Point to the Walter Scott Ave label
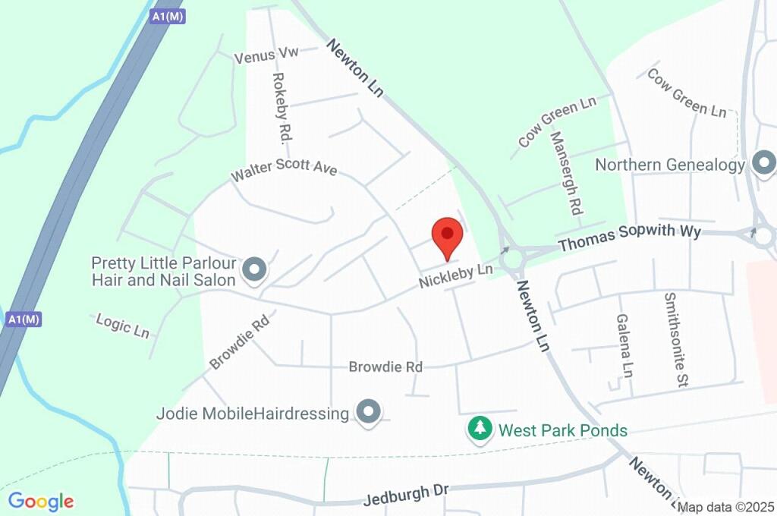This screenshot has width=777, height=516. tap(284, 171)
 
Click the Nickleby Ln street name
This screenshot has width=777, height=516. tap(456, 275)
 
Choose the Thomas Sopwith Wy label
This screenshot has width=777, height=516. tap(630, 238)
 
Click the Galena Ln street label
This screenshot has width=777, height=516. tap(624, 346)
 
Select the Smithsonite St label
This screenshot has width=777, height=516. tap(675, 341)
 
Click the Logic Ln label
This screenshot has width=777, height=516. tap(122, 325)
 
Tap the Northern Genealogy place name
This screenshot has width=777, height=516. tap(670, 165)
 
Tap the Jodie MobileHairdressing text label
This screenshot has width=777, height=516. tap(253, 414)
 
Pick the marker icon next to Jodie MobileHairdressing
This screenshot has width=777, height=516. tap(369, 412)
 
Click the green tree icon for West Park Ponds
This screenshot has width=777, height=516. tap(479, 429)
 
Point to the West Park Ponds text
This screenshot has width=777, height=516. tap(562, 431)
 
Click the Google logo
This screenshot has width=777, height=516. tap(41, 501)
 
